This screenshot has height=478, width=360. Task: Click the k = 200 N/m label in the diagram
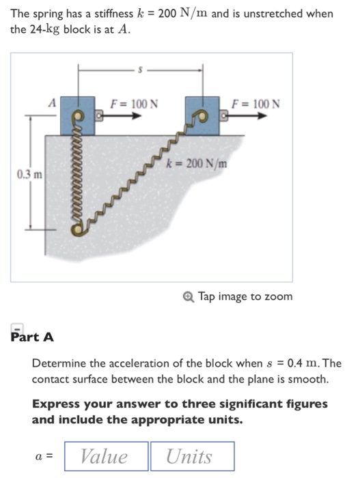pos(197,164)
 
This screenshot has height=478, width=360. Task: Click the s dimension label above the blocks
pos(140,68)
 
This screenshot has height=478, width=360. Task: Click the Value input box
pos(105,456)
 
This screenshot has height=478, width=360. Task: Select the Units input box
pos(192,456)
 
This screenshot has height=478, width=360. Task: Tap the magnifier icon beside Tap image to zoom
pos(189,296)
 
